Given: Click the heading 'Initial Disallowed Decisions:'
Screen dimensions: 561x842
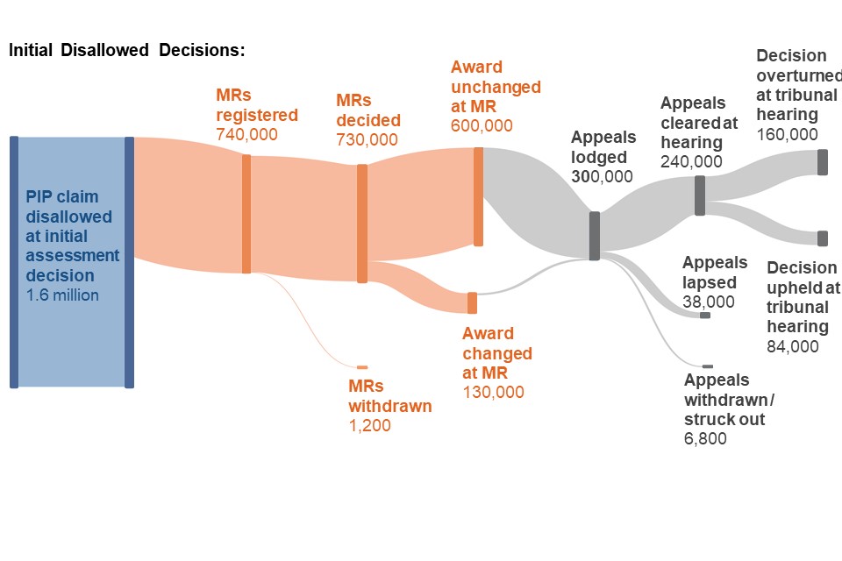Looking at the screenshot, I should coord(126,49).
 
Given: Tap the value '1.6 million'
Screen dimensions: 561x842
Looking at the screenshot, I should coord(62,295).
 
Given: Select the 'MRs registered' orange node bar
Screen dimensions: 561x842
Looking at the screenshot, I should coord(246,214).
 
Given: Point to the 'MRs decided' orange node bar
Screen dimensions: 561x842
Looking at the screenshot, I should coord(362,224).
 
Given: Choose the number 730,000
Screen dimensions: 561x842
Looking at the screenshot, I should coord(367,139).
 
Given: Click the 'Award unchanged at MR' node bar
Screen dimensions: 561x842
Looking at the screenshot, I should coord(478,196).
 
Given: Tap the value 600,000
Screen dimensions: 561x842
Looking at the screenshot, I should coord(482,125).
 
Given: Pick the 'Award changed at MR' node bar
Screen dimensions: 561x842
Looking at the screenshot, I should coord(472,302).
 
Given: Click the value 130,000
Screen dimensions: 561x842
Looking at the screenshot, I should coord(493,393).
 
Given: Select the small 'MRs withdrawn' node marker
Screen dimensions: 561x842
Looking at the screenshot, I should coord(362,367).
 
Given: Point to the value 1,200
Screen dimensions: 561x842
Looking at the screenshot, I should coord(369,426).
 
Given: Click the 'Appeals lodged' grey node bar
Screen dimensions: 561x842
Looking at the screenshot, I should coord(595,236).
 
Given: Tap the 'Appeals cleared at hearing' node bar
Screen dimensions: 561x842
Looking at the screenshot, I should coord(700,195).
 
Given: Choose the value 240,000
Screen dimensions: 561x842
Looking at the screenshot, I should coord(691,161).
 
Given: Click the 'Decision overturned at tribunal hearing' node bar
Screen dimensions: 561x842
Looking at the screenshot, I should coord(823,162).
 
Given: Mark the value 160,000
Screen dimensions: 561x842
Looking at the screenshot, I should coord(787,134).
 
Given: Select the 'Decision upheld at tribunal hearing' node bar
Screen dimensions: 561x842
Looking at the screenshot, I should coord(823,238).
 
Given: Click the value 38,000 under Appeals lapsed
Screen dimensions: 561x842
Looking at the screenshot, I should coord(708,302).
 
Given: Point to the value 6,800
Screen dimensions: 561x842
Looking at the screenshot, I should coord(705,438).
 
